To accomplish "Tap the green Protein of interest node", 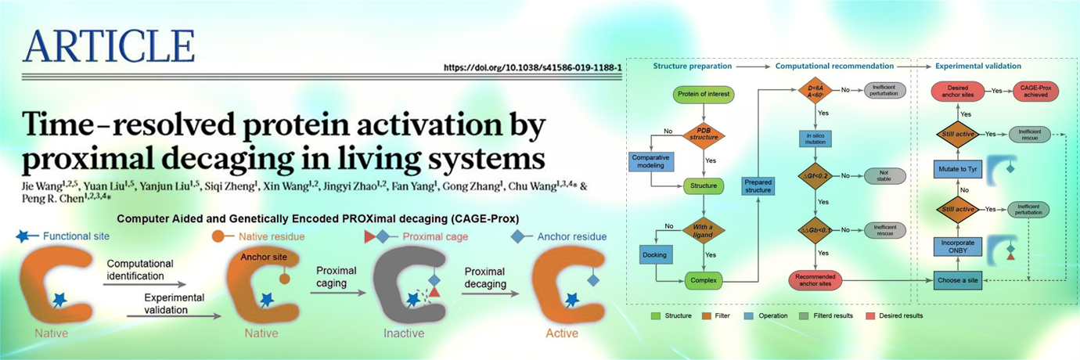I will pyautogui.click(x=702, y=95).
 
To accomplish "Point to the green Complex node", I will pyautogui.click(x=703, y=279).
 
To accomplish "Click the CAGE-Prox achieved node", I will pyautogui.click(x=1035, y=91).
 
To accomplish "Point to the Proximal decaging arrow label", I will pyautogui.click(x=487, y=278).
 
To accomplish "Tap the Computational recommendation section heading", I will pyautogui.click(x=834, y=67).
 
